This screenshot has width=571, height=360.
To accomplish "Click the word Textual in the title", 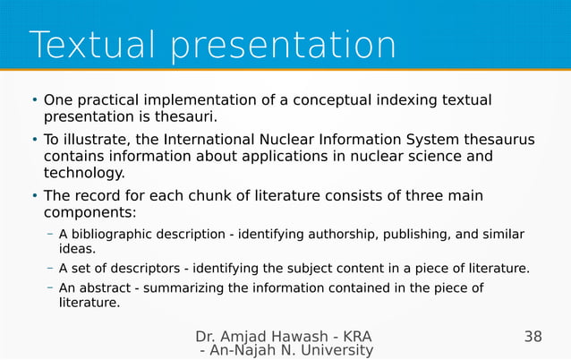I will click(92, 45).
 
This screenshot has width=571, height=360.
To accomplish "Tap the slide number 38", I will click(533, 337).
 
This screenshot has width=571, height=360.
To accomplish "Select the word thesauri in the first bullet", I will click(186, 116).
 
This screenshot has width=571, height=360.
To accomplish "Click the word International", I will click(188, 140).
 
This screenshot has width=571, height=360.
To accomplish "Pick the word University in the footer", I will click(329, 351).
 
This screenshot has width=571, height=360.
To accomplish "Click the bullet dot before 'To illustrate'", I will click(34, 141).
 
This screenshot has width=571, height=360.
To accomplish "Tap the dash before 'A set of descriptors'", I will click(50, 268).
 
